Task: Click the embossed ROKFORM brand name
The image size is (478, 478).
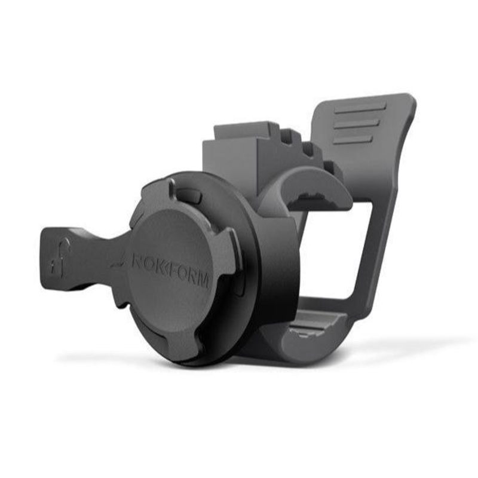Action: (x=170, y=268)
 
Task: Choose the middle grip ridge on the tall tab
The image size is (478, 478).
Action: (x=356, y=124)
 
